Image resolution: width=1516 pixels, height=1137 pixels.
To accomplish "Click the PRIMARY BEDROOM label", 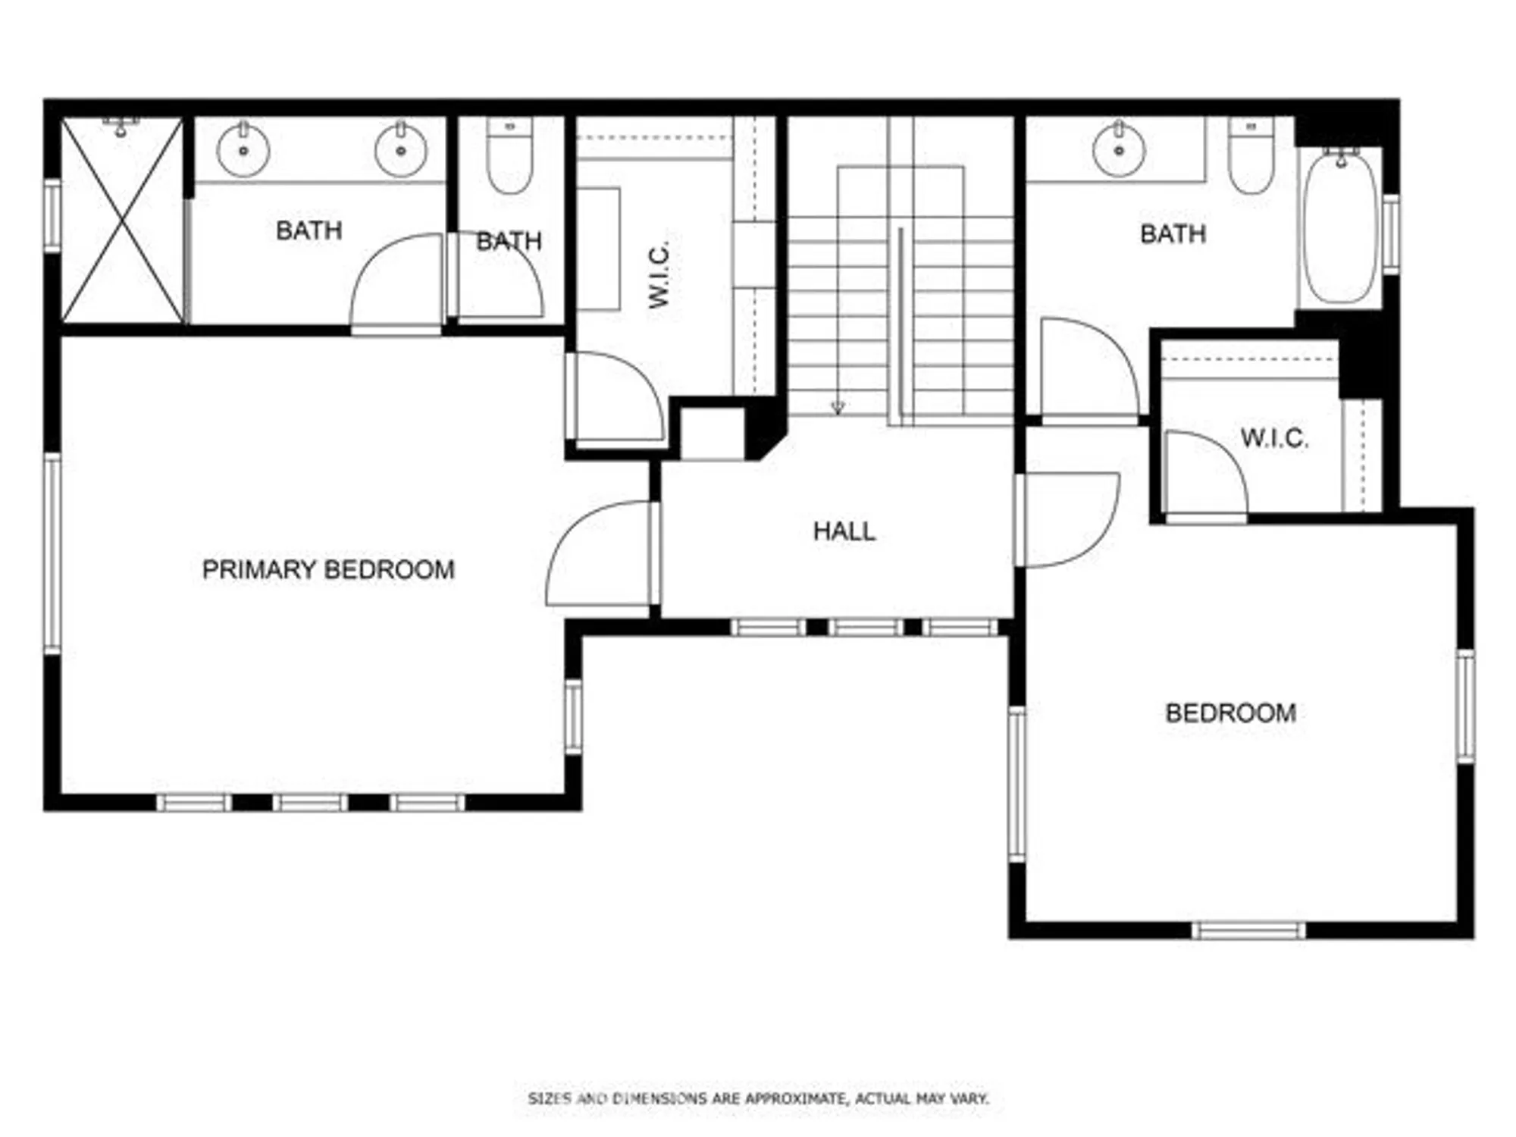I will click(x=328, y=569).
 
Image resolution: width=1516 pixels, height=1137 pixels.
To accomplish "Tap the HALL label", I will click(x=844, y=531).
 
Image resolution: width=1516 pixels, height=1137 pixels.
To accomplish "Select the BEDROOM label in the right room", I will click(x=1230, y=713).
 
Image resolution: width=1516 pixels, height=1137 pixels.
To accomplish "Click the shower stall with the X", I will click(x=122, y=221).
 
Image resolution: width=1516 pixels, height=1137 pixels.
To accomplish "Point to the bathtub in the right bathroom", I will click(x=1340, y=227).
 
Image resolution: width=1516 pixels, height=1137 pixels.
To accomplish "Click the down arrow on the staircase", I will click(x=838, y=407).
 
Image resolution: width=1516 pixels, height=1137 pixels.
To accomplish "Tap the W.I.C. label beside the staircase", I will click(x=659, y=274).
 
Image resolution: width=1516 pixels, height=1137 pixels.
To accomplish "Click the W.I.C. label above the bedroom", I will click(x=1274, y=438).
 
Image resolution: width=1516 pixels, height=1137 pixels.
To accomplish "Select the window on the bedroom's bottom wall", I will click(x=1248, y=930).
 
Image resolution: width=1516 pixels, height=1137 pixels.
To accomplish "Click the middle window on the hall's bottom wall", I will click(x=866, y=628).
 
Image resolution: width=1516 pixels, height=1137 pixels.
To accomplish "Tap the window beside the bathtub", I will click(x=1391, y=233).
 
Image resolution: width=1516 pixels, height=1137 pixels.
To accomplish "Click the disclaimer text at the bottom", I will click(x=758, y=1098).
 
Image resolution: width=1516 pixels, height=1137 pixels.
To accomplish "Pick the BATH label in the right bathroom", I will click(x=1173, y=233).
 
